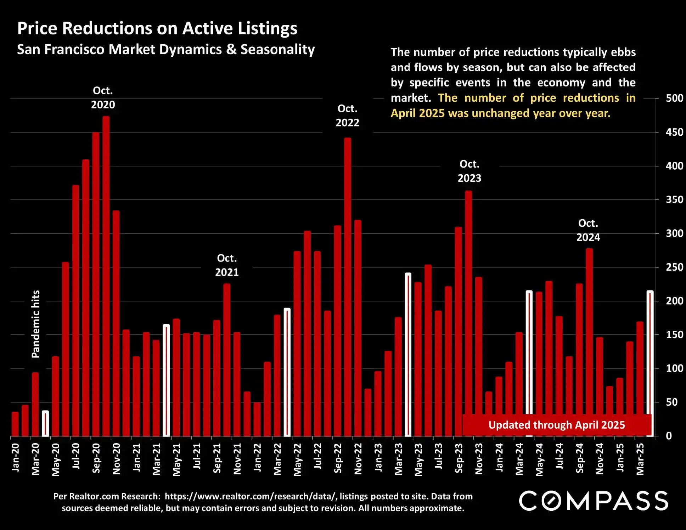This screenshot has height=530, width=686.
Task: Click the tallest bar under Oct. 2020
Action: click(106, 276)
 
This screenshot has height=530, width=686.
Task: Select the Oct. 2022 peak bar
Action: click(348, 287)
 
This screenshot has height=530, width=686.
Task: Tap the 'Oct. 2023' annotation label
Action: click(469, 171)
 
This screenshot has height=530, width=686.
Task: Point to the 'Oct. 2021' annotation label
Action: click(227, 265)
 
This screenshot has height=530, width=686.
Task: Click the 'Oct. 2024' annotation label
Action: click(588, 230)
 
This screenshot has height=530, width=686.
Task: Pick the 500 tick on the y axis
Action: click(674, 98)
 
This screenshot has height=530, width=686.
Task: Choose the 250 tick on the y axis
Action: click(674, 267)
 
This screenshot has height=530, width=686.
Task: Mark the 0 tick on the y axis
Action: click(669, 436)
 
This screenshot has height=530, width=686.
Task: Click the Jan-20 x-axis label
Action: click(16, 457)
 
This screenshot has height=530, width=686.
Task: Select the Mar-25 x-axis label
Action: click(640, 459)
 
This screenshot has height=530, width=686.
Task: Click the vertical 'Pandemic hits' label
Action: click(36, 324)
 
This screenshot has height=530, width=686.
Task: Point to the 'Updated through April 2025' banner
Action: click(556, 425)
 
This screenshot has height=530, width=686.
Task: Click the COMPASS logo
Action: click(594, 501)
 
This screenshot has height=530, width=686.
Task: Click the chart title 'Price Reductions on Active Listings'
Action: click(157, 28)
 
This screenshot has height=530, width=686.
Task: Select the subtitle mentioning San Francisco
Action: click(166, 49)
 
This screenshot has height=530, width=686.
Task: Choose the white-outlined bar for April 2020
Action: click(45, 424)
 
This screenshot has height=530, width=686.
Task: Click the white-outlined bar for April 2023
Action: click(408, 354)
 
